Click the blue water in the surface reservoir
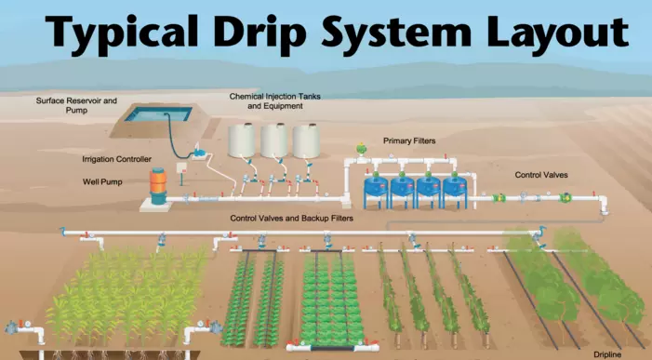157,115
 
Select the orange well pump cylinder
158,185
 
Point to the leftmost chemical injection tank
243,140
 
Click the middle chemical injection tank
274,140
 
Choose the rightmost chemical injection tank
306,140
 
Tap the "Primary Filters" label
409,140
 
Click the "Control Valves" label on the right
541,174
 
